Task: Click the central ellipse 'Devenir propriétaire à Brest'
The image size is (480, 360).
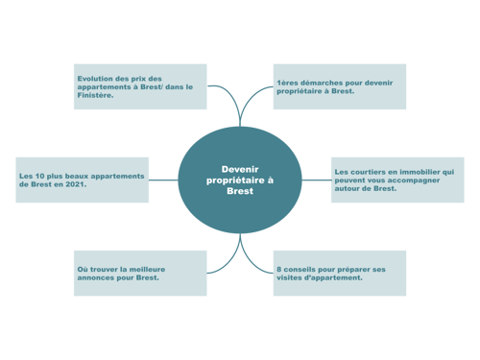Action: tap(240, 180)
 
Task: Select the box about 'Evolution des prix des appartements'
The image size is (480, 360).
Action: tap(140, 87)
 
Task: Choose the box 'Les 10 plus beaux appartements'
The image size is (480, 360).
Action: tap(83, 180)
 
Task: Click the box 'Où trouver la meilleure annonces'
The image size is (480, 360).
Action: tap(140, 273)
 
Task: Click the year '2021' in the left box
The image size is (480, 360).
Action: tap(74, 184)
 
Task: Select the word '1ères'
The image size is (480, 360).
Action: tap(286, 83)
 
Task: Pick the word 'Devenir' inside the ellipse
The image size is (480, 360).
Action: tap(240, 169)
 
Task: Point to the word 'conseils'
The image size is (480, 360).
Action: tap(299, 269)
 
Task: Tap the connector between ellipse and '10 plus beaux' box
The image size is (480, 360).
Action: tap(164, 180)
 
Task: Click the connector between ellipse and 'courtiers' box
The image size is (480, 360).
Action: tap(316, 180)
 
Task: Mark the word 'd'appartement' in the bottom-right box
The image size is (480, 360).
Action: tap(332, 277)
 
